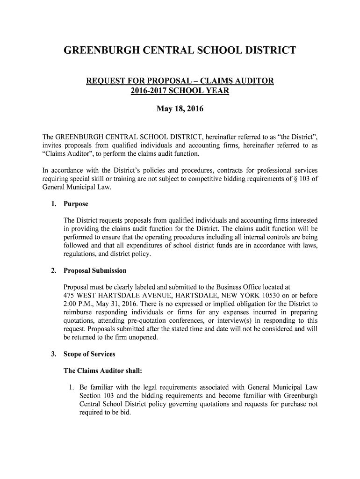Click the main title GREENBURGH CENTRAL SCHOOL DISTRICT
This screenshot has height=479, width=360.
[180, 50]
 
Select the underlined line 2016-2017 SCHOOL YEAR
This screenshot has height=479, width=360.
[180, 91]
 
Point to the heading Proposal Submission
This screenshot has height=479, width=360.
[95, 271]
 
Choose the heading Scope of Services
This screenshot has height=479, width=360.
[89, 354]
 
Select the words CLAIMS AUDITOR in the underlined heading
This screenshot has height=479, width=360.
[238, 82]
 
